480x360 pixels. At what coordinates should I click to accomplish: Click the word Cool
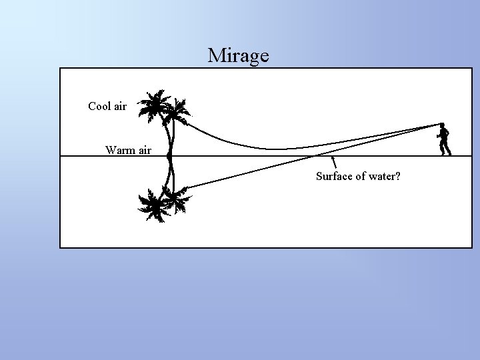[99, 106]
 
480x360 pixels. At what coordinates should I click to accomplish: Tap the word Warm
[119, 150]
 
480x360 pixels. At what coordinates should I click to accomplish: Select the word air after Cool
[119, 106]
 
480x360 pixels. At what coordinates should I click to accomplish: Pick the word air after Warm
[144, 150]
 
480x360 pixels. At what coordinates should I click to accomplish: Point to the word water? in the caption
[384, 177]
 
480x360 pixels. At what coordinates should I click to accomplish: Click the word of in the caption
[359, 177]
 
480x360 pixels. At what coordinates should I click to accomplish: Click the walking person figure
[443, 139]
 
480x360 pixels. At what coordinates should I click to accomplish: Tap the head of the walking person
[442, 126]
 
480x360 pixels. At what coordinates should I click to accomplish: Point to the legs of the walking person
[444, 149]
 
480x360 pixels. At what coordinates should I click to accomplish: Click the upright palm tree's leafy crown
[163, 108]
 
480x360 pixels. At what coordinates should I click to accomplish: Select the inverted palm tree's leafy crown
[161, 204]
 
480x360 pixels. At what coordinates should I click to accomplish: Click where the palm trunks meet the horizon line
[171, 156]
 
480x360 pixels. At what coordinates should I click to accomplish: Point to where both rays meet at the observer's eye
[440, 125]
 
